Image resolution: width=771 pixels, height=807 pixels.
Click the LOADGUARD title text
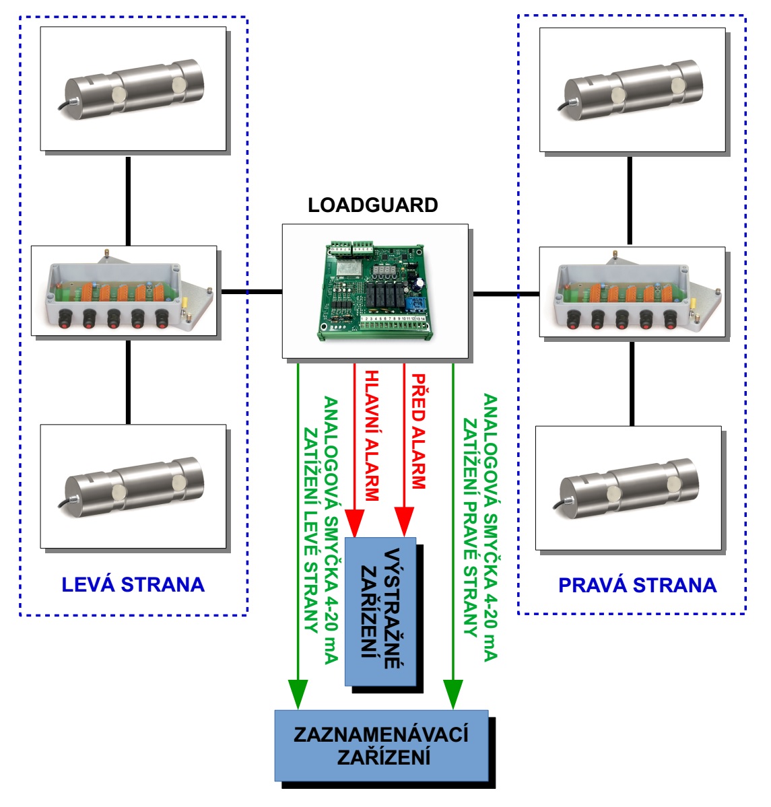(372, 205)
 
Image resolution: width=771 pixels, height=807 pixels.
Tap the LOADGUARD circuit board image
(375, 291)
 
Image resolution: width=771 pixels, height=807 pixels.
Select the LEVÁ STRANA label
(133, 584)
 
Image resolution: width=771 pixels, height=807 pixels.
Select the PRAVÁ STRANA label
(637, 585)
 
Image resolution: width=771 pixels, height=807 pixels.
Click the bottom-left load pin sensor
(133, 486)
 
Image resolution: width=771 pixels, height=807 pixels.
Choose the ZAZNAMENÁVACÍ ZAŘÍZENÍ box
(381, 745)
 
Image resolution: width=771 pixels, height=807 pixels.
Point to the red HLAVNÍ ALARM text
(371, 435)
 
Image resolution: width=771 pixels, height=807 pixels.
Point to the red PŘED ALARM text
(418, 431)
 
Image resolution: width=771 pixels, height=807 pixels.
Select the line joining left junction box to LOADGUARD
(249, 291)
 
